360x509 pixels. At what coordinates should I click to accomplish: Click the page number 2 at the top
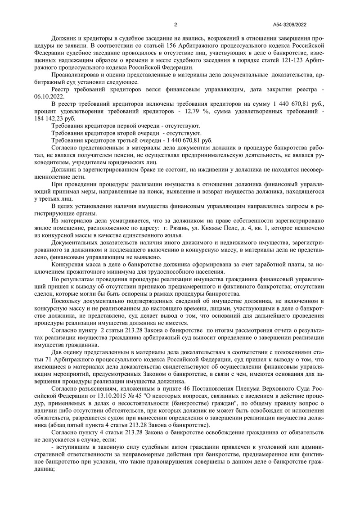pos(175,25)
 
